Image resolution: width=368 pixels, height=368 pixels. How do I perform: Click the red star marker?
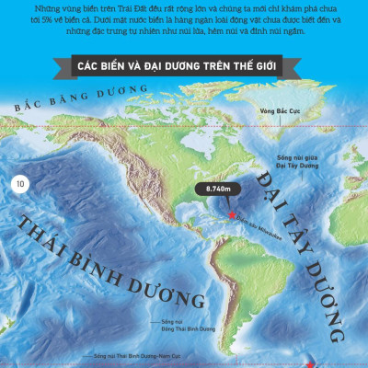(232, 214)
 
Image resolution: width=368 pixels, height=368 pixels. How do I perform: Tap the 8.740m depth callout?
(217, 189)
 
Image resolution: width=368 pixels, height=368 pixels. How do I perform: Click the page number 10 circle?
(20, 185)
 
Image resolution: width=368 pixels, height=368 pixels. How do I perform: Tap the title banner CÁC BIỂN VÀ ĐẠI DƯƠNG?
(184, 67)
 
